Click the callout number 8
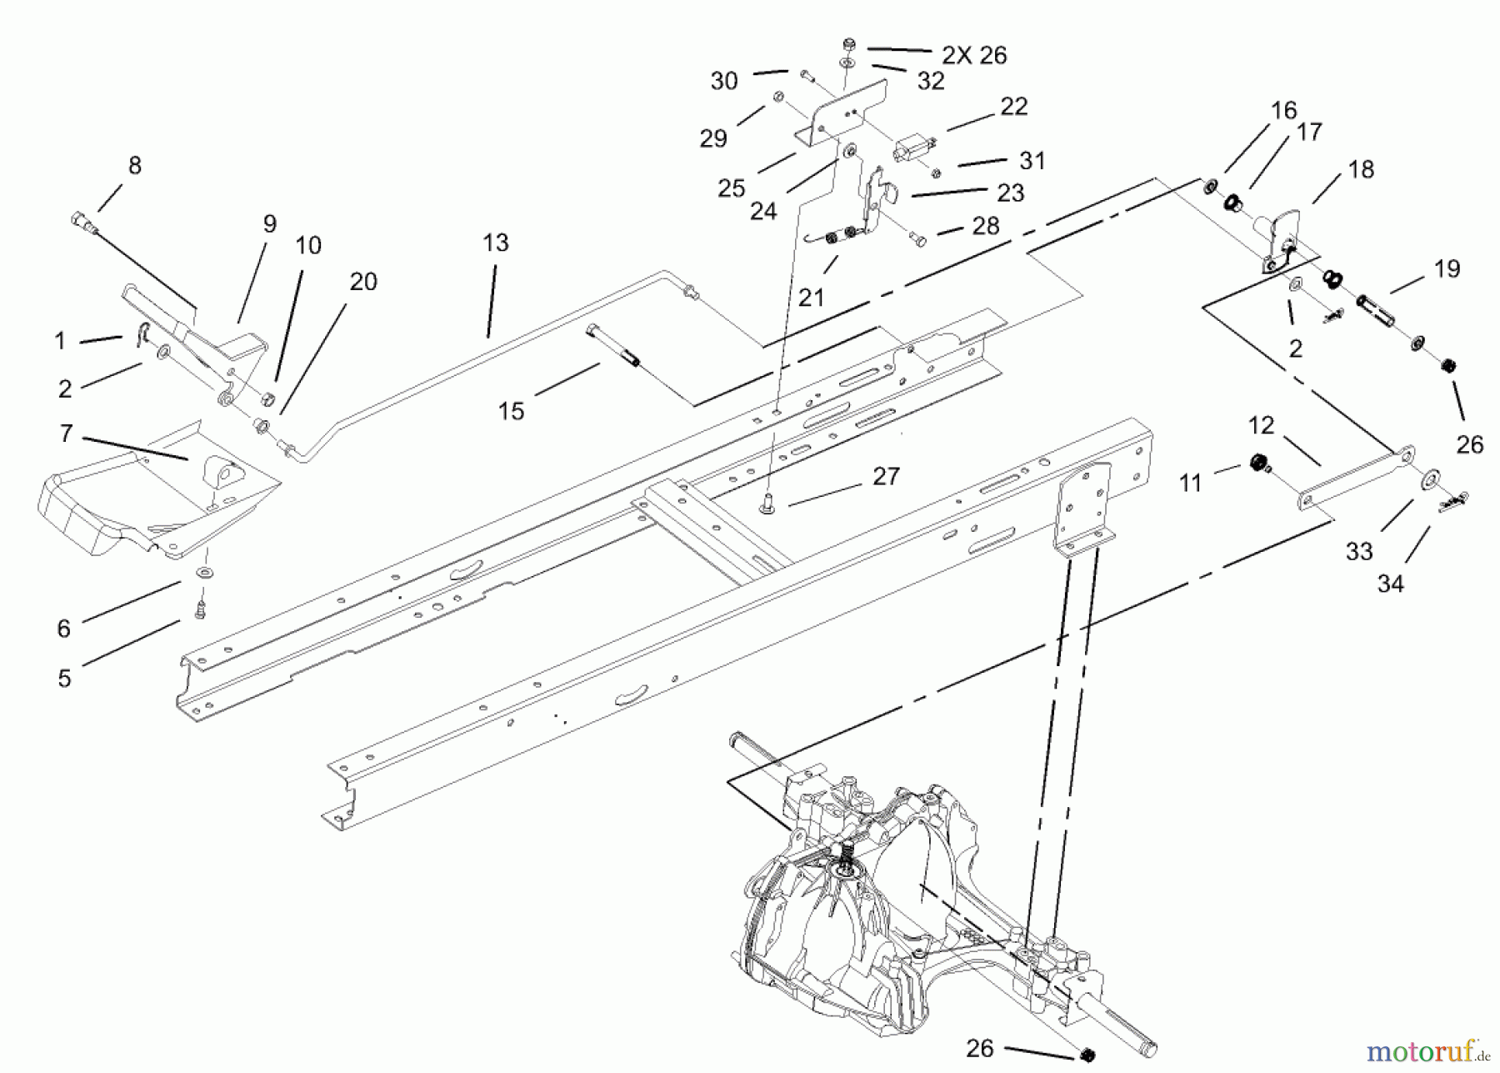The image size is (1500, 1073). (x=135, y=166)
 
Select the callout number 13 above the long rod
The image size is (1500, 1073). (x=495, y=243)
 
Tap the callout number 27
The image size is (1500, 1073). (x=886, y=476)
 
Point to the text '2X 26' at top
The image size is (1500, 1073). (x=974, y=56)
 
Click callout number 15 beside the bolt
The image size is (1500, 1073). (x=511, y=411)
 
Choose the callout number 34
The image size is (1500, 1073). (x=1390, y=584)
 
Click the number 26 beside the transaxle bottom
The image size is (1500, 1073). (x=980, y=1047)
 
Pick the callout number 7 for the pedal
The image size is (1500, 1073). (x=66, y=434)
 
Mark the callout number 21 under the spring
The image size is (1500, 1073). (x=811, y=298)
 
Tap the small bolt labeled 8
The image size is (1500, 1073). (x=82, y=221)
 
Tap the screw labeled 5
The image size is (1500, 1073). (x=199, y=610)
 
